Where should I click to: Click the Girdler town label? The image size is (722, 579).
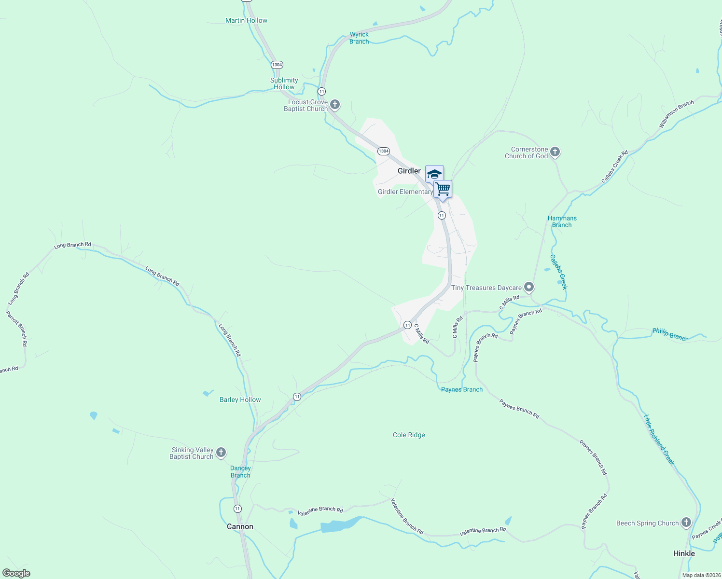409,171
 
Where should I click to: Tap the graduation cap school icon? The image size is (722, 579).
434,174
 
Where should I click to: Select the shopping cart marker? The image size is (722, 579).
443,189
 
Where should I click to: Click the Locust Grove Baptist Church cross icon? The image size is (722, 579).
335,105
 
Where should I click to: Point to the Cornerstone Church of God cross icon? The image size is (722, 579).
555,152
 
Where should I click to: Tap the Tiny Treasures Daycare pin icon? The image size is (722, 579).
529,288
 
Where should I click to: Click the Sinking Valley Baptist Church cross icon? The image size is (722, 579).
221,453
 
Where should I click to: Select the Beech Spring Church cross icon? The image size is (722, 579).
686,523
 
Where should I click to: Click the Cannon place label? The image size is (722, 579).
240,526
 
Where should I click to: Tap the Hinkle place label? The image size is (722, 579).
684,553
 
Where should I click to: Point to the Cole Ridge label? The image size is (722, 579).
409,435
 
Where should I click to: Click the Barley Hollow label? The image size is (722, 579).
240,400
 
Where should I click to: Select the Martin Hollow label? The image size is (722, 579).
246,20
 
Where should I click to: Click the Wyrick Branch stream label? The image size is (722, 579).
359,38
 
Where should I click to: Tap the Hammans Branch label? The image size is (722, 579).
562,221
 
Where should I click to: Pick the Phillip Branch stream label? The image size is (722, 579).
670,334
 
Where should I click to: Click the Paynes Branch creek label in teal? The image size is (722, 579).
461,389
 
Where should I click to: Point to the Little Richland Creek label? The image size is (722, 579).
659,440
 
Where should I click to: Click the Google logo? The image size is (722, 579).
16,573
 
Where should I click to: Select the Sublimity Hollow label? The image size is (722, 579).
284,83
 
